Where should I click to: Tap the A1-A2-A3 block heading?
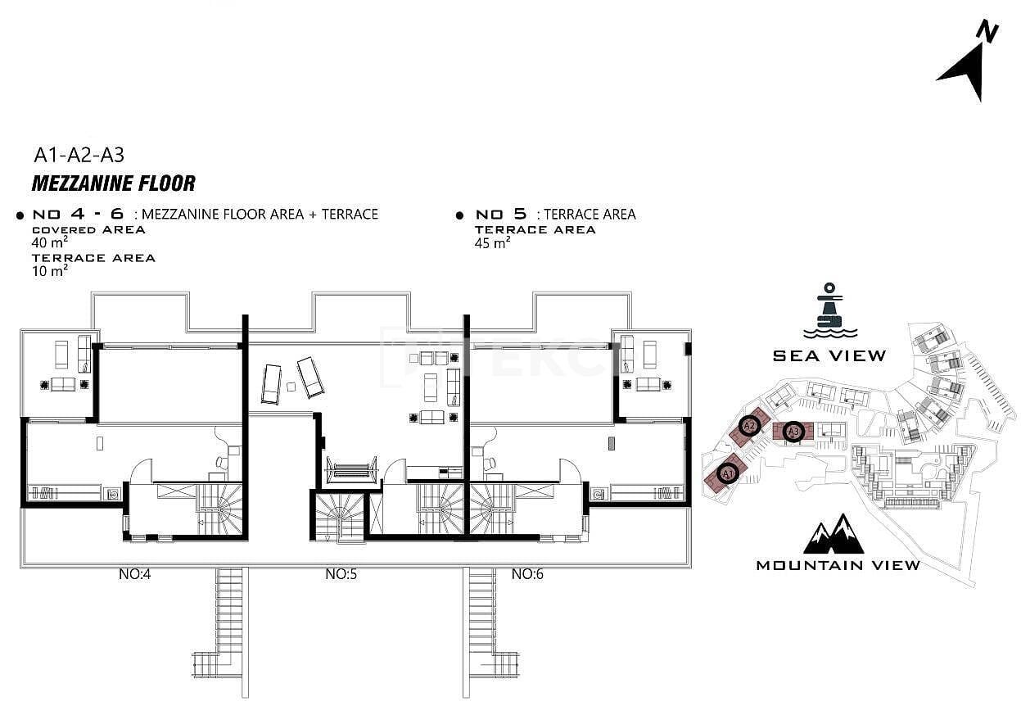point(79,156)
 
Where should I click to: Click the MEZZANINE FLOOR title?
point(114,183)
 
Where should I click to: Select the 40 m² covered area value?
point(50,242)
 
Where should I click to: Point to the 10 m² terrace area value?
point(50,270)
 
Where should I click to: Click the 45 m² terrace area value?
point(492,242)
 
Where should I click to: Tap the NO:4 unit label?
point(134,573)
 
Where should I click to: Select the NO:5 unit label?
point(341,573)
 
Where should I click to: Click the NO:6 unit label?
point(527,573)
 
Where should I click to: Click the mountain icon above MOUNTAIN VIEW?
point(834,534)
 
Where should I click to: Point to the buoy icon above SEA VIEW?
point(829,311)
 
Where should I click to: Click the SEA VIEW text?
point(829,355)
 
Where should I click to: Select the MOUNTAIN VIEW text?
point(838,565)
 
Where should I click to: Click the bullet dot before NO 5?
point(459,215)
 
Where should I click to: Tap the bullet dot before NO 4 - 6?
point(20,215)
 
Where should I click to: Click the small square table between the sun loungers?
point(291,387)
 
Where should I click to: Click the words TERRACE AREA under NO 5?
point(535,230)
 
